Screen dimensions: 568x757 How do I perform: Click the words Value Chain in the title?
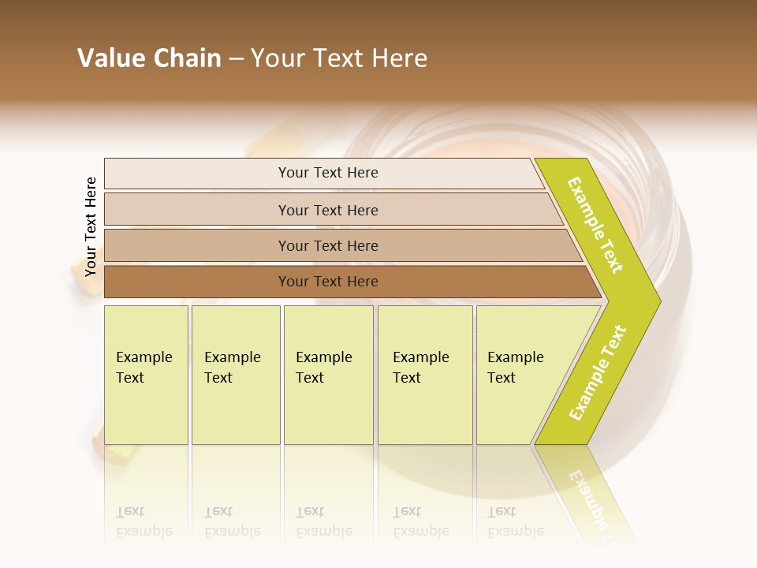click(149, 58)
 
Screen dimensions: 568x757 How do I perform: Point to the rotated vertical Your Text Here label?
click(91, 226)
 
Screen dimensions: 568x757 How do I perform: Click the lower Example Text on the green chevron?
click(598, 373)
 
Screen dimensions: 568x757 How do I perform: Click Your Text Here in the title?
click(339, 58)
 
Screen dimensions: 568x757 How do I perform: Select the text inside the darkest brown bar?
click(328, 282)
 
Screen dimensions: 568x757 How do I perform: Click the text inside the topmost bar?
click(328, 173)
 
